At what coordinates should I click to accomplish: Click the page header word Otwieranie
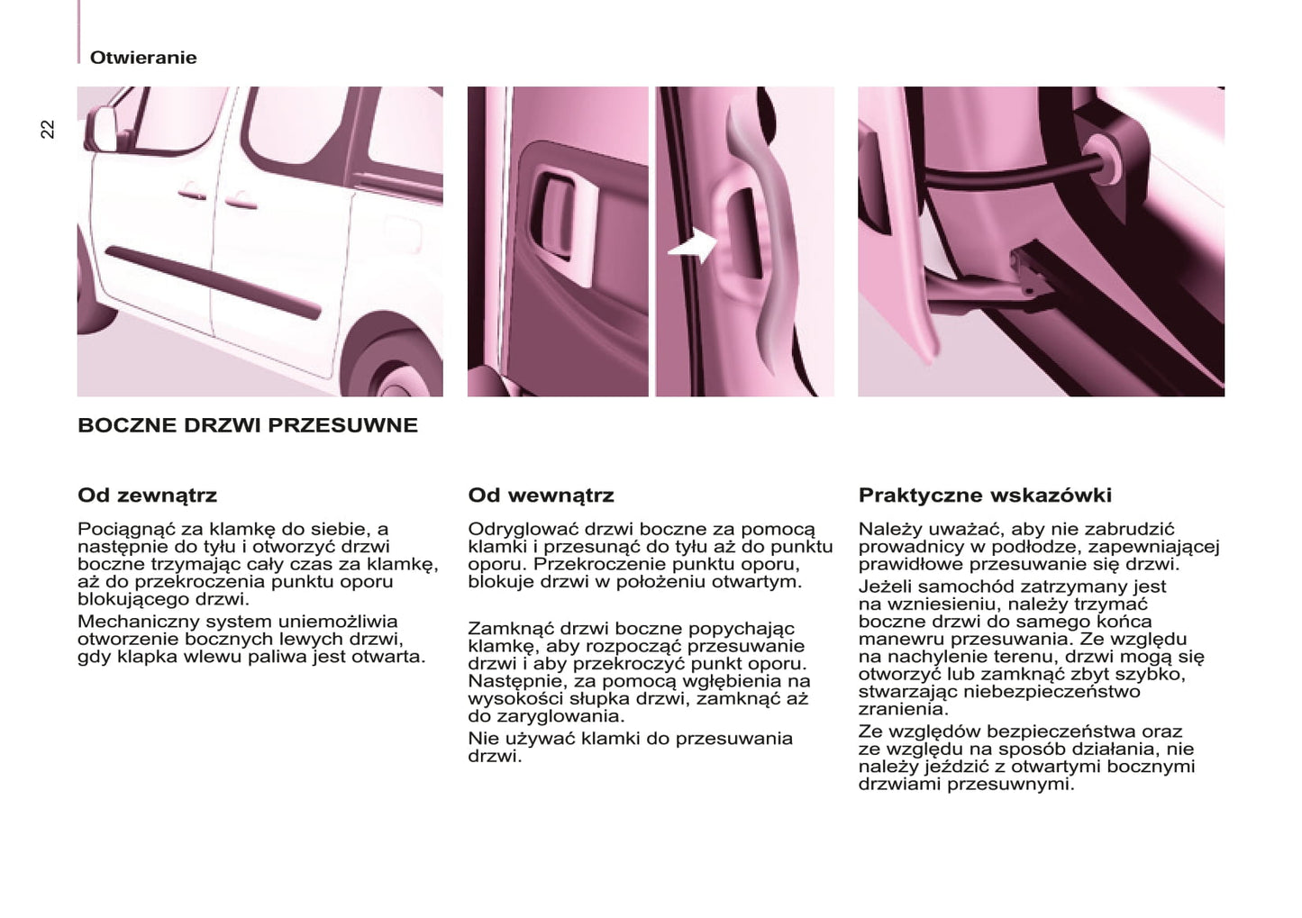point(142,58)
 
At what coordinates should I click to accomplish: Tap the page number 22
point(48,129)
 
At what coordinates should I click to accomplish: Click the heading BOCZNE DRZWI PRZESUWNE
point(248,425)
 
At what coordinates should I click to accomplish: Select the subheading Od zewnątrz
point(147,495)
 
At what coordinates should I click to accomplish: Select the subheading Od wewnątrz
point(541,495)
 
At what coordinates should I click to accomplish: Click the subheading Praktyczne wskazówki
point(985,495)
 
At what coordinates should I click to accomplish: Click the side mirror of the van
point(100,129)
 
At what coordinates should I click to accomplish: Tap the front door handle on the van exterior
point(191,191)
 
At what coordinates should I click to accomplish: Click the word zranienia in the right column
point(902,709)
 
